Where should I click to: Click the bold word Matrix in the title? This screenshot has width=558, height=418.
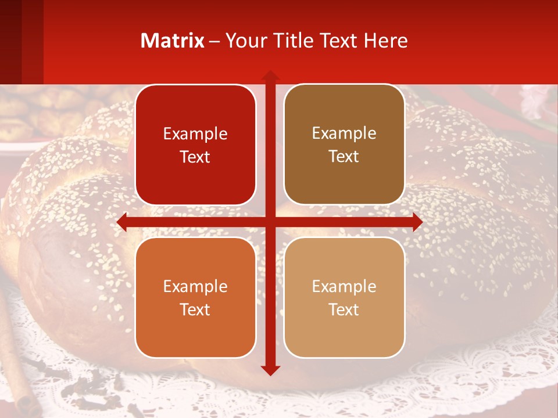pyautogui.click(x=173, y=41)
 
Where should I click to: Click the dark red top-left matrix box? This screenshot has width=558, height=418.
pyautogui.click(x=195, y=145)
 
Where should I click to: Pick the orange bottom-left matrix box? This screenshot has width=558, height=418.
pyautogui.click(x=195, y=297)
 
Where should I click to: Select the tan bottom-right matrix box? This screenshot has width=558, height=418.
pyautogui.click(x=344, y=297)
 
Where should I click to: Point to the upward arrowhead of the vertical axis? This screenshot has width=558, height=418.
pyautogui.click(x=270, y=75)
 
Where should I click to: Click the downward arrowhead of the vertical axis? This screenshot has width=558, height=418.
pyautogui.click(x=270, y=370)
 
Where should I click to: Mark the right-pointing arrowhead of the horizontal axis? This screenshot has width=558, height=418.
pyautogui.click(x=417, y=222)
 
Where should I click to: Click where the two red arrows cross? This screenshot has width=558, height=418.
pyautogui.click(x=270, y=222)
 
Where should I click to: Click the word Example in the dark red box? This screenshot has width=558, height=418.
pyautogui.click(x=195, y=134)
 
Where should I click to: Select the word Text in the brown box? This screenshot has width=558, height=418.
pyautogui.click(x=344, y=157)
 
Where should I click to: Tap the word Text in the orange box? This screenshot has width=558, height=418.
pyautogui.click(x=195, y=309)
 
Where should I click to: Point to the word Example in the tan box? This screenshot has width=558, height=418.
pyautogui.click(x=344, y=286)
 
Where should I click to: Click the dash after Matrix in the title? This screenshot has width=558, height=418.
pyautogui.click(x=214, y=41)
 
